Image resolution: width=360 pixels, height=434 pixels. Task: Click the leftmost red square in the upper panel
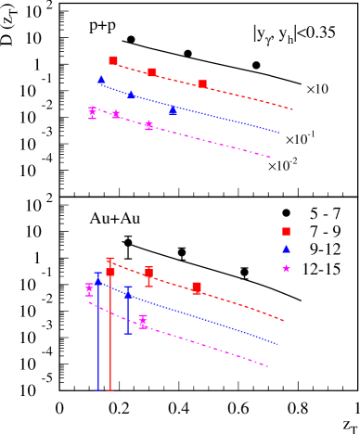pos(113,61)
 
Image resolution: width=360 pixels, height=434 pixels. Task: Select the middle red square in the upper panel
pos(152,72)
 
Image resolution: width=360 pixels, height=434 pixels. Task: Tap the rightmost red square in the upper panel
pos(202,84)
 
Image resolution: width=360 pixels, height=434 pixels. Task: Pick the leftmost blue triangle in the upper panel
pos(102,80)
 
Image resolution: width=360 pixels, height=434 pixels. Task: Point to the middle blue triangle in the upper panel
pos(131,94)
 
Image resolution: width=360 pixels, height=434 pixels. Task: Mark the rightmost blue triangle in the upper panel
pos(173,110)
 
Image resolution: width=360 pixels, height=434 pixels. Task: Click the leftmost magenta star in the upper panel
pos(92,112)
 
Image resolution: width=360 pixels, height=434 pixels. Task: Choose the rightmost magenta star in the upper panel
pos(148,125)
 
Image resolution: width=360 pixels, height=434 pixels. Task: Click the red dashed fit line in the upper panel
pos(251,96)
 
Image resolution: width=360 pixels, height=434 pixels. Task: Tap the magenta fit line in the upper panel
pos(223,144)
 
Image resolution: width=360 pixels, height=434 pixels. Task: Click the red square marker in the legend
pos(286,232)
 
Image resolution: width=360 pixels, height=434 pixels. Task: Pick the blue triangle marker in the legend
pos(286,249)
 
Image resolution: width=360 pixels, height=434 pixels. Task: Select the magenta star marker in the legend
pos(286,269)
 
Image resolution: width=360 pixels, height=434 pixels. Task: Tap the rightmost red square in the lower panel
pos(197,288)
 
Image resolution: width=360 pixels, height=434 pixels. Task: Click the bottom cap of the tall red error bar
pos(110,390)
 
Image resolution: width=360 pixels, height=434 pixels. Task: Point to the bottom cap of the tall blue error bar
pos(98,390)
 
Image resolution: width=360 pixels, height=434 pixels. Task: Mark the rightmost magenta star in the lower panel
pos(143,322)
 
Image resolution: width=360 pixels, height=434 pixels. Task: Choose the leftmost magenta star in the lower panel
pos(89,289)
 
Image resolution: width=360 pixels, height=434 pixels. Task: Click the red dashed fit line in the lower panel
pos(241,303)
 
